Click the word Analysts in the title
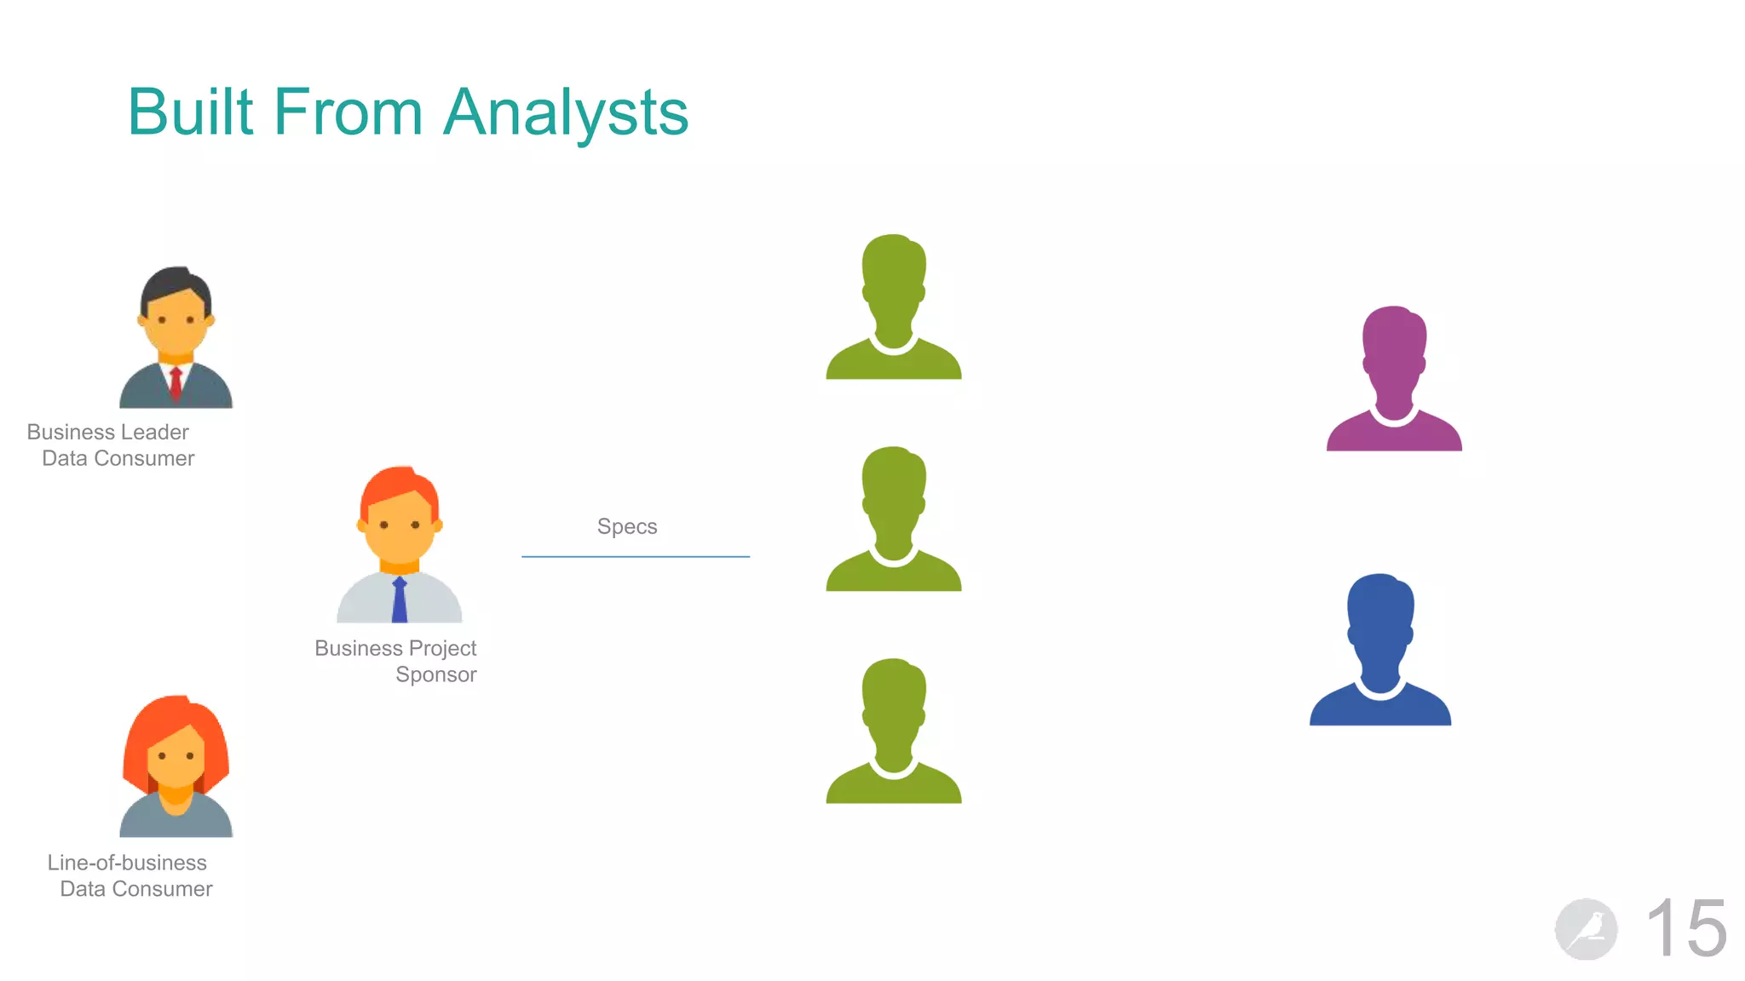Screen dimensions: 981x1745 click(566, 112)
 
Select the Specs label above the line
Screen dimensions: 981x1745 click(627, 526)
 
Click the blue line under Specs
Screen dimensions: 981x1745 click(636, 556)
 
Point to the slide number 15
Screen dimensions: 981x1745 click(1686, 928)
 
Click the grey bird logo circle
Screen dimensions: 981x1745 click(1586, 929)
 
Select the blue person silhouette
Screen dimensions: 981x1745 click(1380, 651)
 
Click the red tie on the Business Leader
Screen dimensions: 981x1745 click(176, 384)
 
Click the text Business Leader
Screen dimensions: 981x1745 click(108, 432)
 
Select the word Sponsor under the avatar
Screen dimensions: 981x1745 click(435, 674)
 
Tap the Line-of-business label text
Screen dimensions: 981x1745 click(127, 863)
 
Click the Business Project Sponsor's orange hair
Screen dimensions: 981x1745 click(399, 485)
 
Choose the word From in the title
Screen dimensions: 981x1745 click(348, 112)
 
